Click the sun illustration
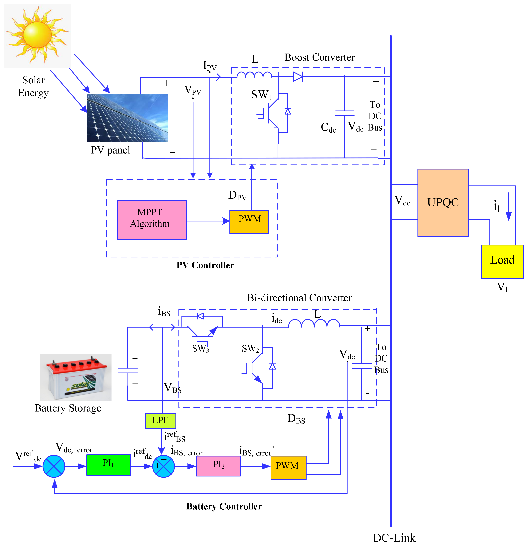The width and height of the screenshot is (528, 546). pos(37,35)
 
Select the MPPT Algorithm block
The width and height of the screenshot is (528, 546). pos(152,219)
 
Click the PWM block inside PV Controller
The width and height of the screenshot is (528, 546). pos(249,222)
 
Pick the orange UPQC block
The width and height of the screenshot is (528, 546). pos(443,202)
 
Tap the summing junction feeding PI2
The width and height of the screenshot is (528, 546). pos(164,466)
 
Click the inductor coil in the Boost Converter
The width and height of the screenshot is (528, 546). pos(254,75)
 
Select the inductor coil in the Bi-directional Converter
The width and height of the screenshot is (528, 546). pos(314,323)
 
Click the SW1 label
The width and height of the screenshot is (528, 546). pos(261,95)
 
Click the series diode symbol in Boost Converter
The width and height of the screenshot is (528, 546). pos(298,76)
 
